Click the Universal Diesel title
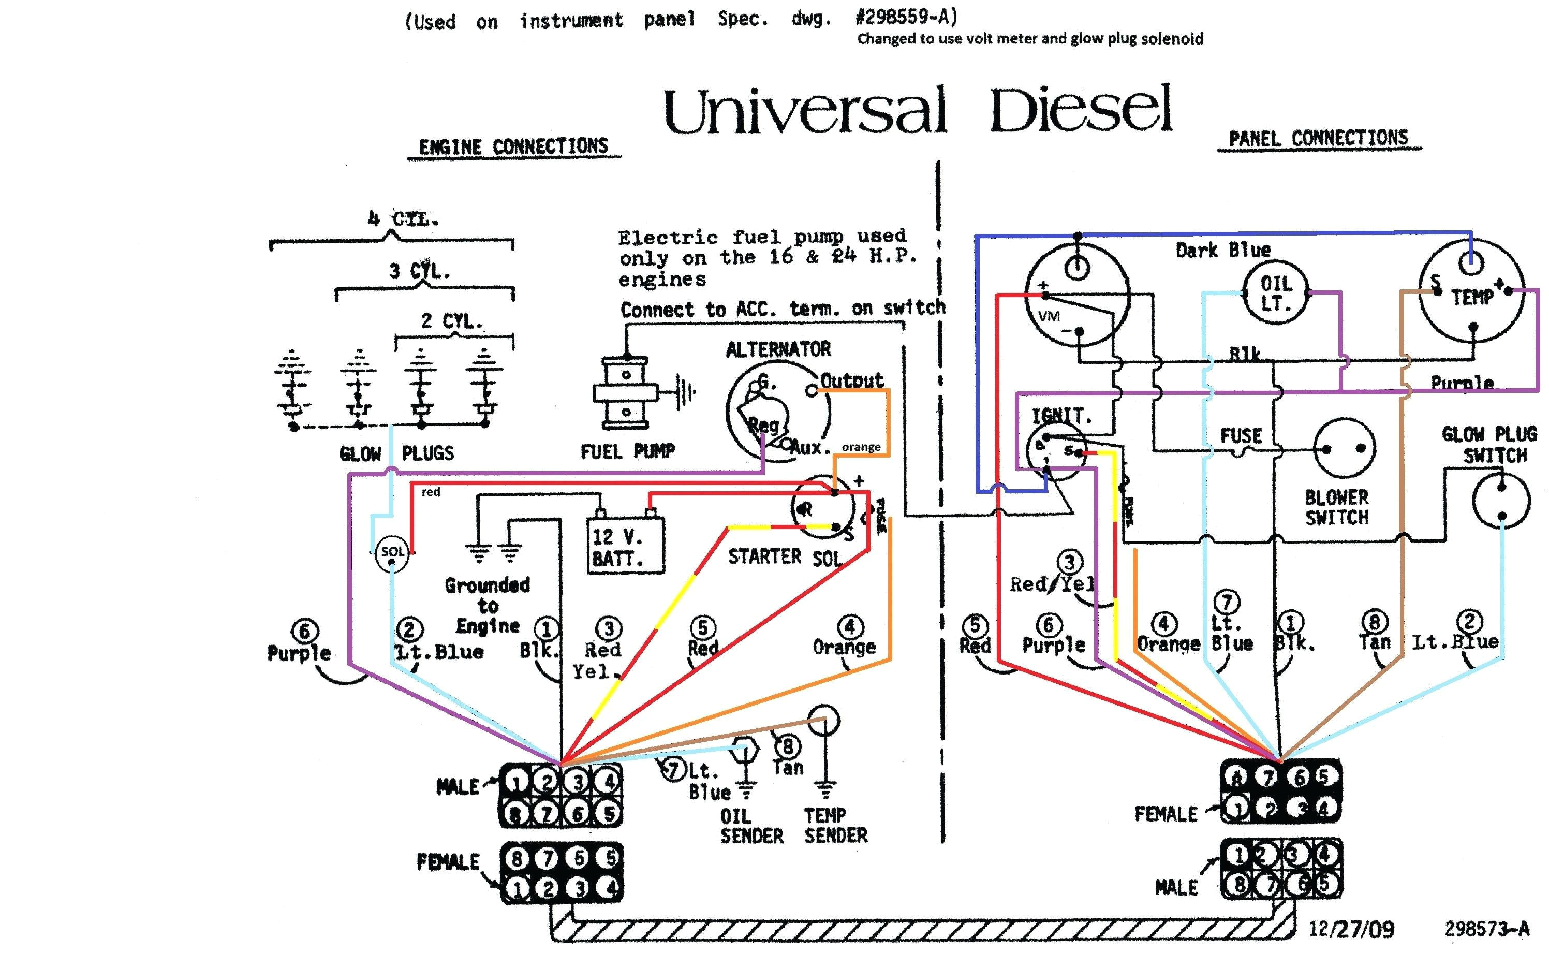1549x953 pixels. (x=917, y=112)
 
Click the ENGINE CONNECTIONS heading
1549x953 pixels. (x=513, y=147)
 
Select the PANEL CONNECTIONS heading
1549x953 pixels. (x=1318, y=138)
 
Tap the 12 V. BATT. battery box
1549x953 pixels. (x=625, y=546)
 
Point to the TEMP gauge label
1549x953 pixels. (x=1472, y=297)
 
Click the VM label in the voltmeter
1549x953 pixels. (x=1049, y=316)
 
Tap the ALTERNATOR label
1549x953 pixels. (x=778, y=350)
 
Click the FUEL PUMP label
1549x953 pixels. (x=627, y=451)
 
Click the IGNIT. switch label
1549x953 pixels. (x=1061, y=416)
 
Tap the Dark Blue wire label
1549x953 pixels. (x=1222, y=250)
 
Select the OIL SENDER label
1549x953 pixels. (x=751, y=826)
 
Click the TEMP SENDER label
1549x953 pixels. (x=836, y=826)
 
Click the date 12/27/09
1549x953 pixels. (x=1351, y=929)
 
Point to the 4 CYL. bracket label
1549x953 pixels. (x=403, y=219)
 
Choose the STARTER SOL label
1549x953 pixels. (x=785, y=557)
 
